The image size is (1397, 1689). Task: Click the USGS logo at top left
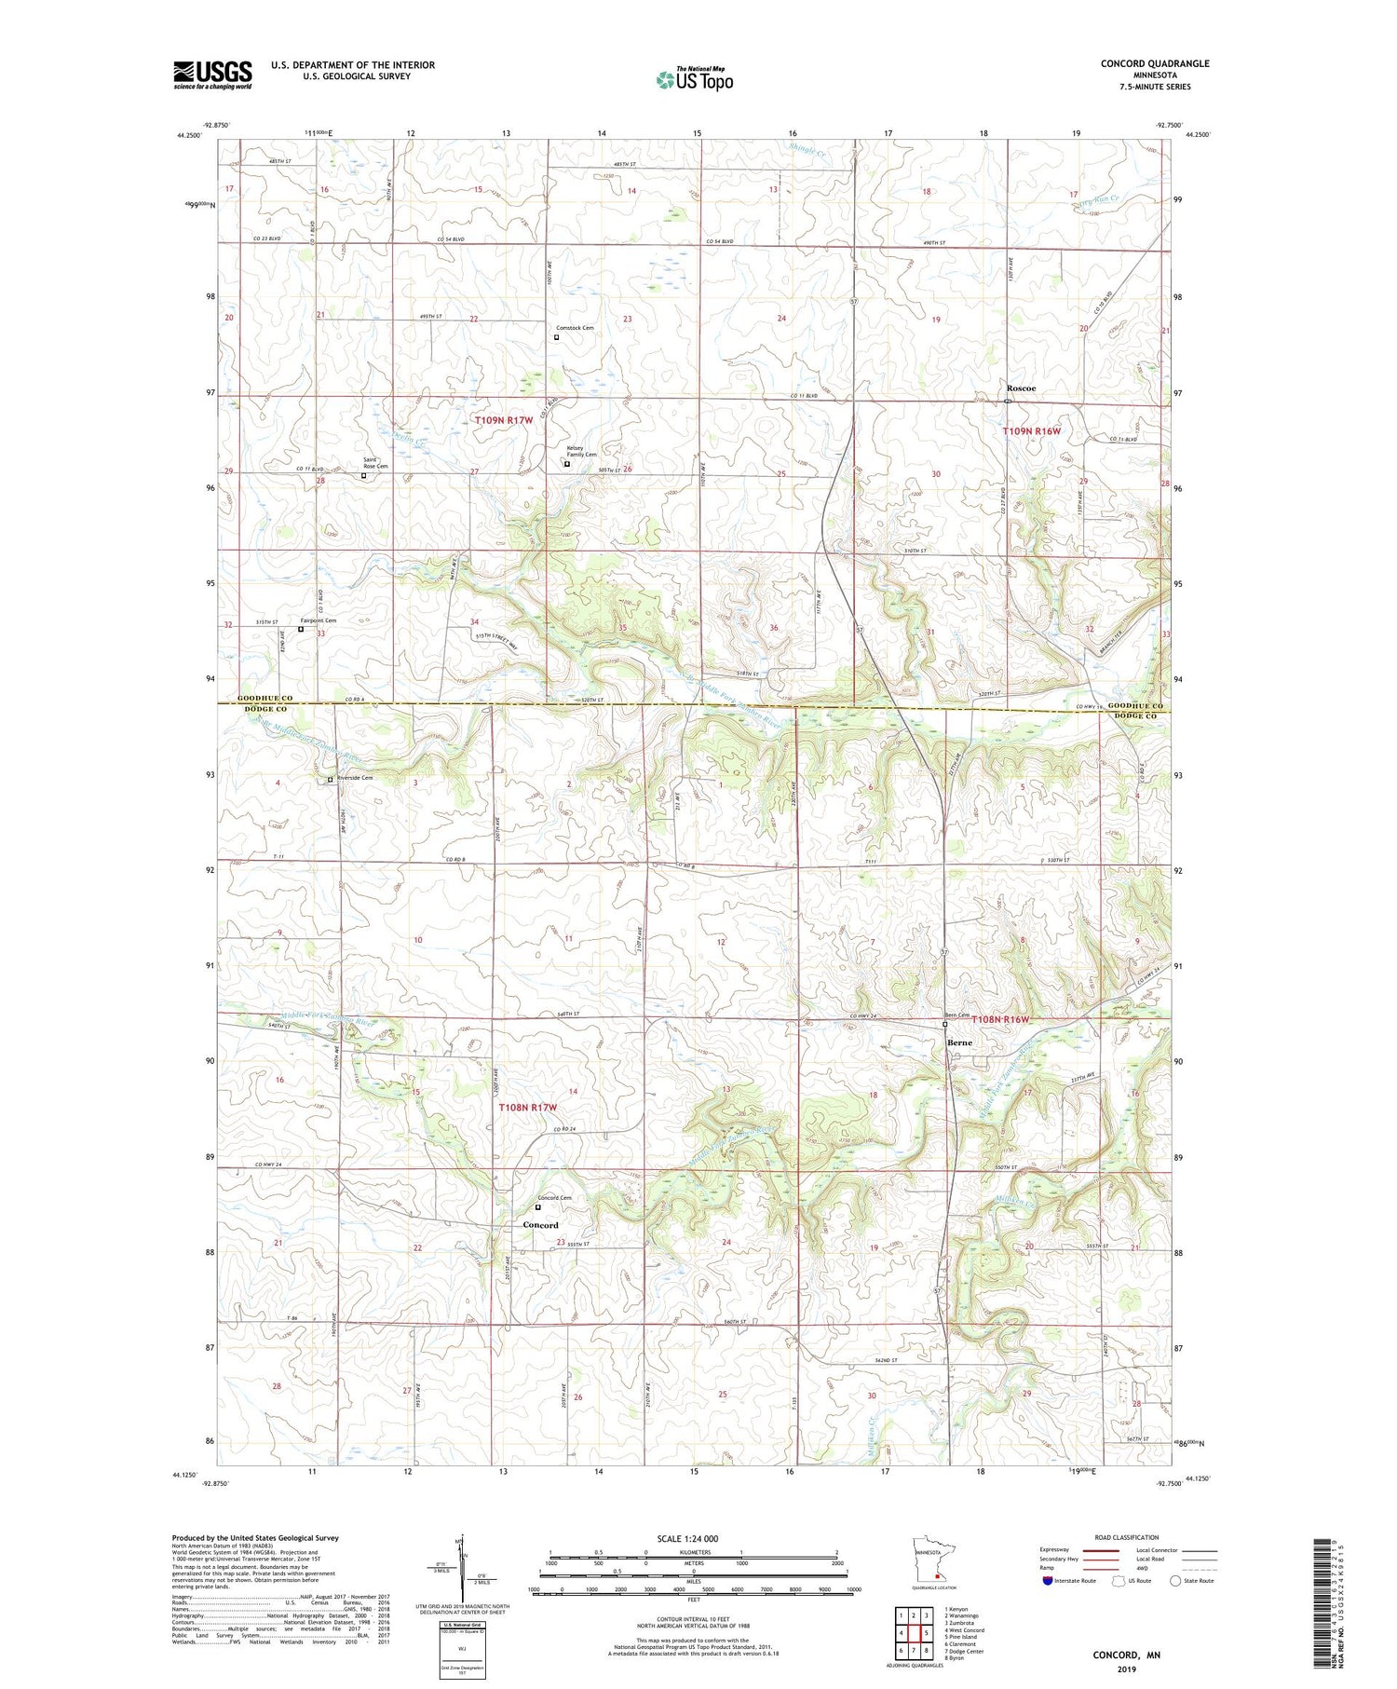point(212,75)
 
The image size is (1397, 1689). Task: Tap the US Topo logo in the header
point(694,79)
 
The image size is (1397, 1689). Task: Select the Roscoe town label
point(1021,388)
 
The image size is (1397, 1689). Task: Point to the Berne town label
point(959,1042)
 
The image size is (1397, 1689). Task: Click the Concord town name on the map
point(540,1225)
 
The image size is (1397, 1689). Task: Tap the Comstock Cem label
point(575,328)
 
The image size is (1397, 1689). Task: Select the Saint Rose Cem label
point(375,463)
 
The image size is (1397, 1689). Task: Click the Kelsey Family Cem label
point(582,451)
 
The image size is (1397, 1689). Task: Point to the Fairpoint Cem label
point(319,620)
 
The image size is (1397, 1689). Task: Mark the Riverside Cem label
point(354,778)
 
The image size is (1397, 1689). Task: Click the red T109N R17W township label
point(504,420)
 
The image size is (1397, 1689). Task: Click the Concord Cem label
point(555,1198)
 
